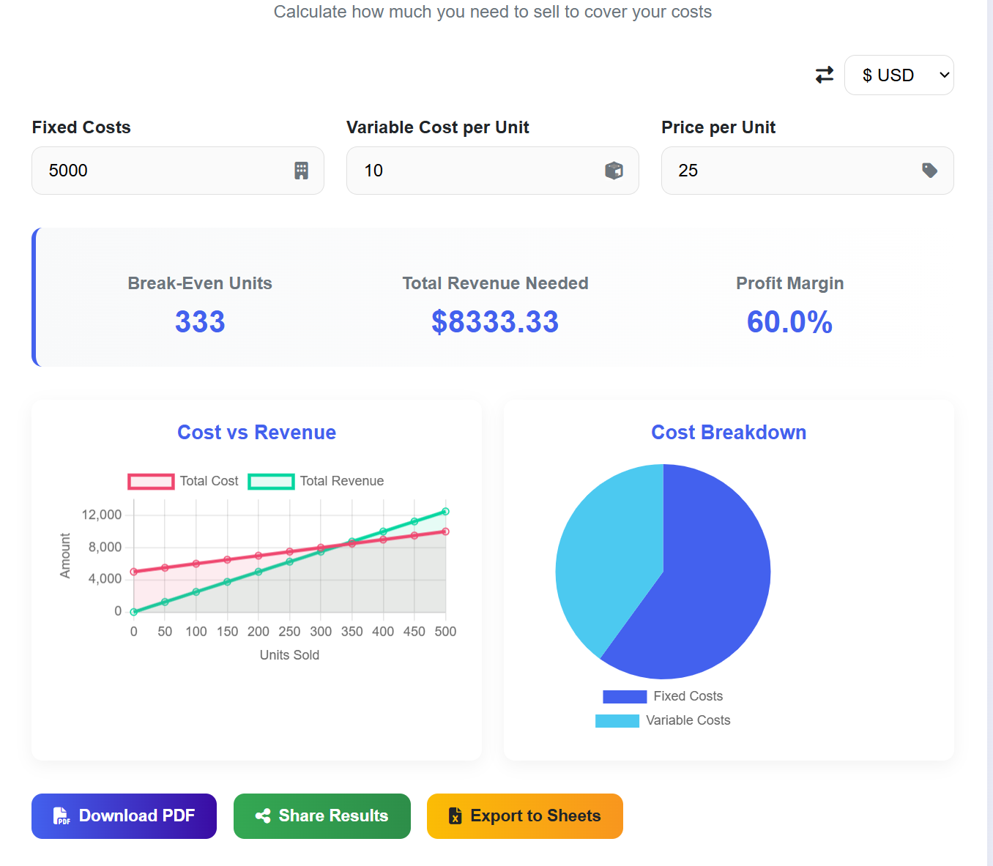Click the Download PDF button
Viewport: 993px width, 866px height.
point(124,816)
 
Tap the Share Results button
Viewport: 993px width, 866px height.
point(321,816)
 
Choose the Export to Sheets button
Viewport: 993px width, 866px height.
point(524,816)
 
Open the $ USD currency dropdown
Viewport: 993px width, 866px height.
point(899,75)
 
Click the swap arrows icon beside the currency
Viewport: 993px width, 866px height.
point(825,75)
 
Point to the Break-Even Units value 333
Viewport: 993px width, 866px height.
point(200,322)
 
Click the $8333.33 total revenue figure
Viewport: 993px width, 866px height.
point(495,322)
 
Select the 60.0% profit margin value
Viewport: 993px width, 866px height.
point(789,322)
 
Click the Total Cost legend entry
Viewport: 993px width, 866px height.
point(184,481)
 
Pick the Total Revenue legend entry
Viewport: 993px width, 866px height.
point(316,481)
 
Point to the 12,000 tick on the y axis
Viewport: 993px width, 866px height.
point(102,515)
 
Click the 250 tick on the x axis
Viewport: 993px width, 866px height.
point(289,631)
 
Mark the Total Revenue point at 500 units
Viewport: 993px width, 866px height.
point(445,512)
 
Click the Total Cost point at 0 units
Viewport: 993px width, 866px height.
point(134,572)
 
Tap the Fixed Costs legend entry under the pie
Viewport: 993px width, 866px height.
point(663,696)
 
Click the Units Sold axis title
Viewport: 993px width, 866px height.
point(289,655)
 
